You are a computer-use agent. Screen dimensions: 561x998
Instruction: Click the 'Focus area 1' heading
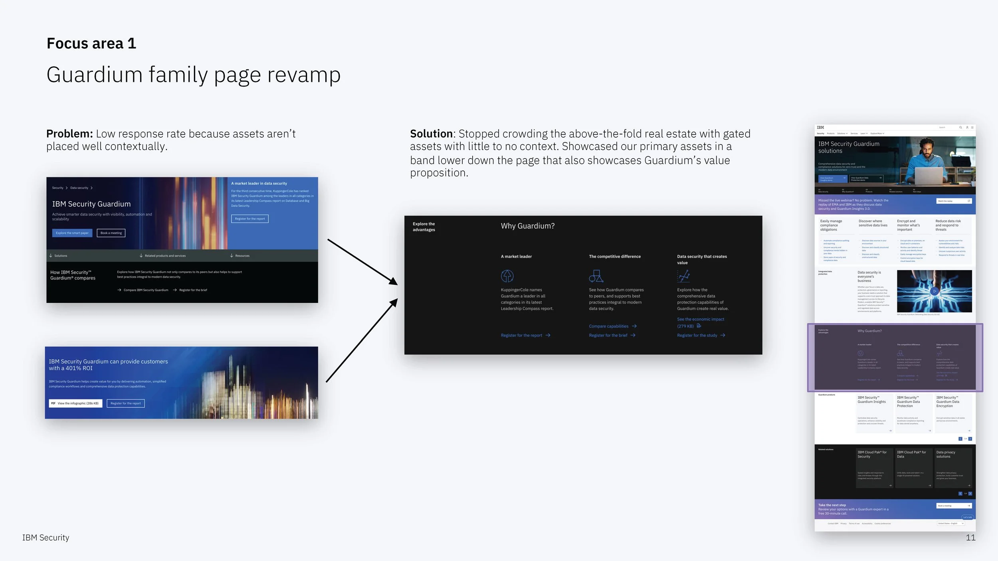(91, 43)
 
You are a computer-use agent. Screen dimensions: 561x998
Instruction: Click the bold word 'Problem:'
(69, 134)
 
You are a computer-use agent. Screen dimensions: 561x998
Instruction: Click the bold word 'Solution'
(431, 134)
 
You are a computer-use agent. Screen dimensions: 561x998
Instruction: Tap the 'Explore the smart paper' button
(72, 233)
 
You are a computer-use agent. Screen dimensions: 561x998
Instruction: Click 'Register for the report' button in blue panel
(249, 219)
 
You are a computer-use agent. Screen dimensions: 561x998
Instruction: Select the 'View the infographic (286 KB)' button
(75, 403)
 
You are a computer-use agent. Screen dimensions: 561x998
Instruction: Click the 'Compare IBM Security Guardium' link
(146, 290)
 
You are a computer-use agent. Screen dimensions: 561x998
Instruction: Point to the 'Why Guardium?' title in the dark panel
(527, 226)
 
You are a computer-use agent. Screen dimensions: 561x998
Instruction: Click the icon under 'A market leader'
(507, 276)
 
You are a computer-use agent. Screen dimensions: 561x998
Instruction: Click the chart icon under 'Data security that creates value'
(683, 276)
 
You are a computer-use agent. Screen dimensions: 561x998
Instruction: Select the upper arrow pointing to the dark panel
(362, 262)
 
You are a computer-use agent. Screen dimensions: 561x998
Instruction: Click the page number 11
(970, 537)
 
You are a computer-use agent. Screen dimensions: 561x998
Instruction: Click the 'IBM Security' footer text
(46, 537)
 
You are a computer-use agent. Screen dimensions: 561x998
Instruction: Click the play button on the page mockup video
(934, 291)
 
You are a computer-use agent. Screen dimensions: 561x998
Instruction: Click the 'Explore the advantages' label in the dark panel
(424, 227)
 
